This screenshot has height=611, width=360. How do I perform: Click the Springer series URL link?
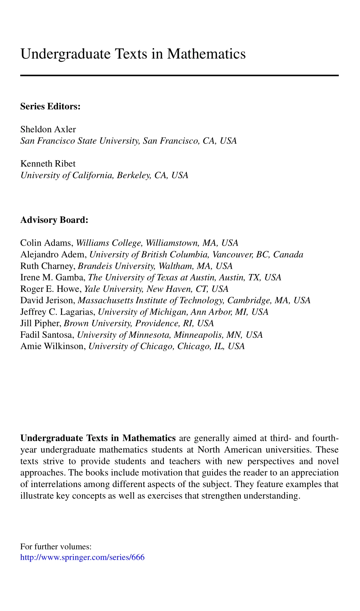click(82, 558)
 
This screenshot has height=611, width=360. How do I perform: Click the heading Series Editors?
click(50, 107)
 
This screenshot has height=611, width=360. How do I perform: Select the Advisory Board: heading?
click(54, 220)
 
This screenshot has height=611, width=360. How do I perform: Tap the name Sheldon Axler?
click(48, 129)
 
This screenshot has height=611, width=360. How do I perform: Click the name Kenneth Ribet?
click(48, 164)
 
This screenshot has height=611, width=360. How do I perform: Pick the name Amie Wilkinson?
click(53, 346)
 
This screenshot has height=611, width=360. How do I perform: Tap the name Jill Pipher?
click(41, 323)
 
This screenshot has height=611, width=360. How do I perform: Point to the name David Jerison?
click(47, 301)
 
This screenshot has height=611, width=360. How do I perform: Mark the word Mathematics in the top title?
click(206, 54)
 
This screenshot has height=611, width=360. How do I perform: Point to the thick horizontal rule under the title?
click(179, 76)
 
